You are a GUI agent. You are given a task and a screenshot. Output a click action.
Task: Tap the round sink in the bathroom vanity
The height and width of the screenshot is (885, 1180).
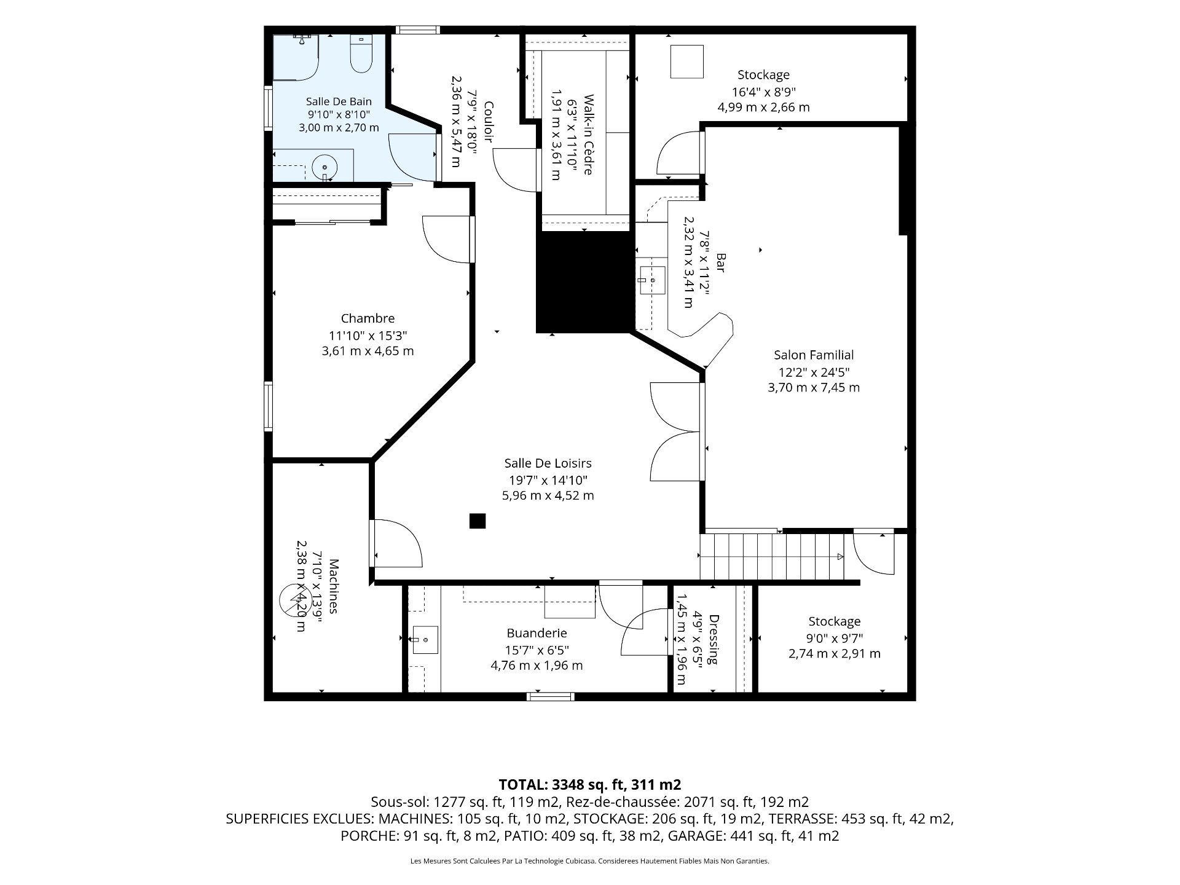324,167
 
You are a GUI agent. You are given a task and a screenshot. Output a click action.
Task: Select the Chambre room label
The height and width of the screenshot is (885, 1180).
368,318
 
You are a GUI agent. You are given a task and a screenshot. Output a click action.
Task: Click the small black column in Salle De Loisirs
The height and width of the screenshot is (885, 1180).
478,521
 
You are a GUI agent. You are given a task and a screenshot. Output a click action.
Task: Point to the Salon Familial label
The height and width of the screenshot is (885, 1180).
814,355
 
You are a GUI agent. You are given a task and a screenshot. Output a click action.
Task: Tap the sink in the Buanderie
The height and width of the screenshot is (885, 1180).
425,640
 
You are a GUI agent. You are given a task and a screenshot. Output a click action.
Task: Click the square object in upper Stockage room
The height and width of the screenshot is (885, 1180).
686,61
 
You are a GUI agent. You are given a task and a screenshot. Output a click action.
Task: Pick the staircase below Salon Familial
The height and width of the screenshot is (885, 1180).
773,556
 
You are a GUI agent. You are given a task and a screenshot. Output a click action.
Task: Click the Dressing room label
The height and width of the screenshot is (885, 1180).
713,639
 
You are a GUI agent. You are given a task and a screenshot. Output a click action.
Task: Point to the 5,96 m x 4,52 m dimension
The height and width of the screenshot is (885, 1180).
548,496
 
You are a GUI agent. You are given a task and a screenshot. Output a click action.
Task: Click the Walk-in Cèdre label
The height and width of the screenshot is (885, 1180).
588,135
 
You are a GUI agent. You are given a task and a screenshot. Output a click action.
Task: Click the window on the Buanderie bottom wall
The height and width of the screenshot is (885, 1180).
551,696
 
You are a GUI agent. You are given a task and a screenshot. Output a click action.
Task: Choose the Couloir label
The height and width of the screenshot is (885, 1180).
489,122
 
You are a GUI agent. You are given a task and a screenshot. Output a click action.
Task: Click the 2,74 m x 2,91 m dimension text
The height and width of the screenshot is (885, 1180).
835,654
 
